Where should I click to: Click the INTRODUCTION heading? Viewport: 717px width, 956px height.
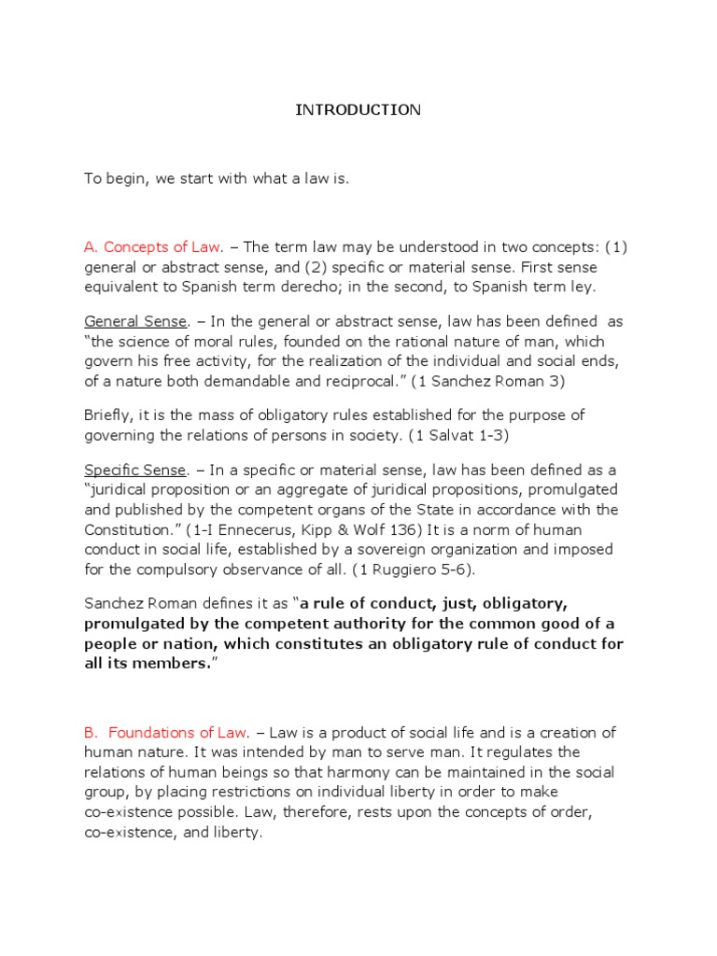(358, 110)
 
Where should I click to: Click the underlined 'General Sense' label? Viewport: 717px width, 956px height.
(135, 321)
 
